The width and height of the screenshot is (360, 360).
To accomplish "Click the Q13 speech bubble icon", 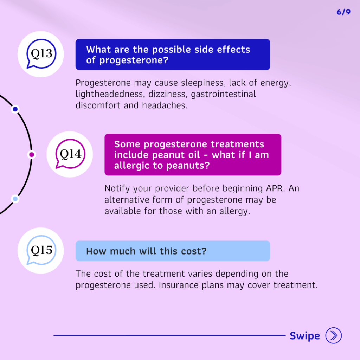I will (x=41, y=54).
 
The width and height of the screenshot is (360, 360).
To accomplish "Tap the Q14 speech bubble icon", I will (x=70, y=154).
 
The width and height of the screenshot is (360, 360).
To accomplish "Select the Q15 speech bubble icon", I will (x=41, y=250).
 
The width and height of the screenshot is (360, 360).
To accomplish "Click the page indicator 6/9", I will (x=343, y=12).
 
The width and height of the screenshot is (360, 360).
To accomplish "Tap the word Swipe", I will (x=304, y=336).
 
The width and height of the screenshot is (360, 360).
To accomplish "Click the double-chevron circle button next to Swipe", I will (x=334, y=336).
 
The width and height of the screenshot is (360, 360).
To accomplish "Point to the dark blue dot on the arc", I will (x=15, y=109).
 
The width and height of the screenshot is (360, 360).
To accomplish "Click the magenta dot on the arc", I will (x=32, y=154).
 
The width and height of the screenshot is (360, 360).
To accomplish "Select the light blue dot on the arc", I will (x=15, y=199).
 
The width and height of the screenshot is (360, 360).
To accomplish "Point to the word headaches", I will (x=165, y=105).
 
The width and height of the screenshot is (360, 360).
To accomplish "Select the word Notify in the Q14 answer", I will (x=118, y=188).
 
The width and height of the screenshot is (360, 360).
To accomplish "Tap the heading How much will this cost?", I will (x=146, y=251).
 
